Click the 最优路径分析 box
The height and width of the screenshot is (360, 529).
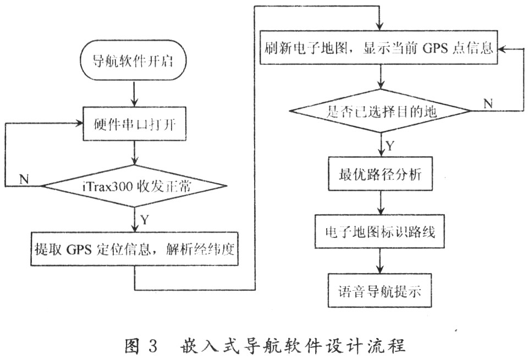(380, 175)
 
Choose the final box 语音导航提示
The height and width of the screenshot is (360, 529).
(380, 291)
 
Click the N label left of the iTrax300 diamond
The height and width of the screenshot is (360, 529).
(24, 179)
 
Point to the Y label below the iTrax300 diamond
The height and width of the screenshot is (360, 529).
(144, 221)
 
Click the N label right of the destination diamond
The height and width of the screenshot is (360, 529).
(487, 103)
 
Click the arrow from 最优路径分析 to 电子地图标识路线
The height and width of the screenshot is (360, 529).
(380, 203)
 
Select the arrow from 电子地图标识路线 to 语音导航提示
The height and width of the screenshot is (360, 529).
(380, 261)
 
